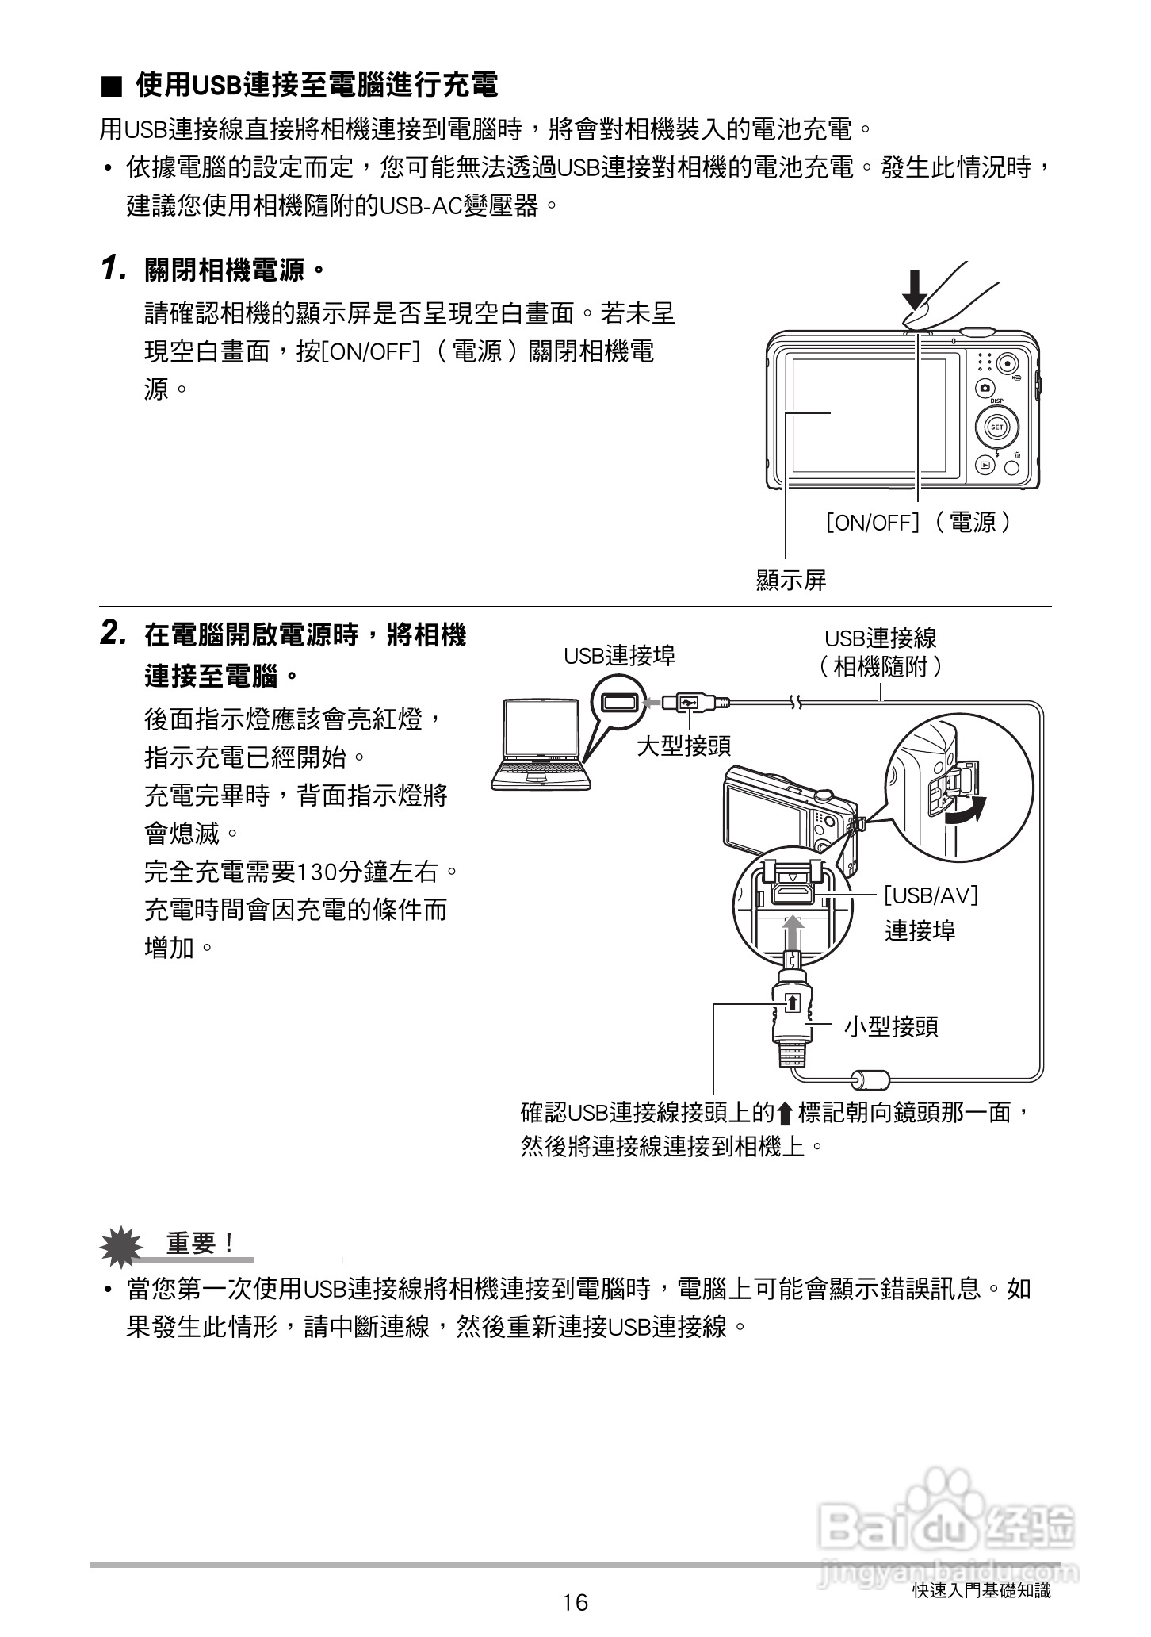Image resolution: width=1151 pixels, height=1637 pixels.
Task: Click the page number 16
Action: click(x=575, y=1603)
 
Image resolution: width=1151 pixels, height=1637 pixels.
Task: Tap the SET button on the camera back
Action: click(x=996, y=427)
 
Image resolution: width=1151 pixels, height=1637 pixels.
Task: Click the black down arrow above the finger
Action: click(x=915, y=290)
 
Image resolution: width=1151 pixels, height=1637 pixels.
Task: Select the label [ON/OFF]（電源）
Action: click(x=918, y=522)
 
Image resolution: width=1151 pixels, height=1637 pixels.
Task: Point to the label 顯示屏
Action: click(x=791, y=581)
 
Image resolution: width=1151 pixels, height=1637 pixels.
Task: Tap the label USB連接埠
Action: click(x=620, y=655)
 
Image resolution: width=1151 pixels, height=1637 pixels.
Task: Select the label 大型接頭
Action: click(x=684, y=746)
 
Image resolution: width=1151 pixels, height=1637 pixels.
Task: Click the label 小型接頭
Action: click(x=891, y=1027)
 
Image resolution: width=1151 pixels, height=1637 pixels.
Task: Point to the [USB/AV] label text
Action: click(x=931, y=895)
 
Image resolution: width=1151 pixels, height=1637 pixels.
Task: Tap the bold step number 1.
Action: click(x=113, y=269)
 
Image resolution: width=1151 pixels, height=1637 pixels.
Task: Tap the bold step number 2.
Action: click(x=113, y=634)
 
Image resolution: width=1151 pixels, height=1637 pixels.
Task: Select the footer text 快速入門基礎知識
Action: click(x=981, y=1590)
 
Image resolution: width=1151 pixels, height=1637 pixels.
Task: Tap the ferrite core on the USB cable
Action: click(x=869, y=1079)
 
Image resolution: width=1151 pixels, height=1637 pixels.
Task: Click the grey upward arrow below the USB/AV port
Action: click(x=793, y=931)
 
